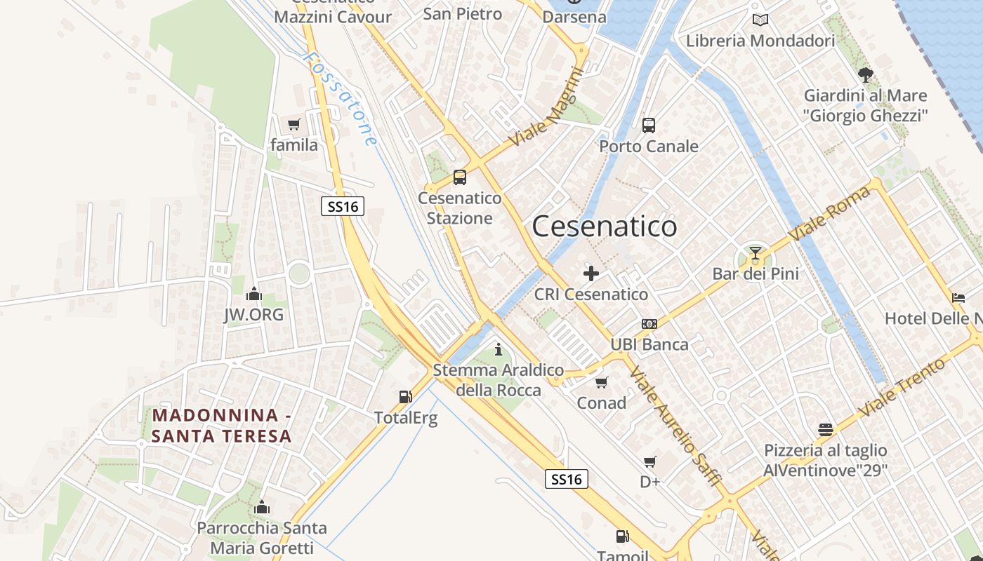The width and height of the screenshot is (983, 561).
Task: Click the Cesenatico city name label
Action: tap(605, 227)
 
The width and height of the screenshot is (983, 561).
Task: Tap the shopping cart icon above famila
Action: tap(294, 125)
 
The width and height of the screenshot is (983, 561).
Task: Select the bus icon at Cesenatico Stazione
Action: tap(460, 177)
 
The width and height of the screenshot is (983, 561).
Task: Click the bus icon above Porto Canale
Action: tap(649, 126)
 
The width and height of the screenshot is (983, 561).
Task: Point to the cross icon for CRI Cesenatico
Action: tap(591, 273)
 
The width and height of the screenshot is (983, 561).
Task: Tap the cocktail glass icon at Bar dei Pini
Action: tap(756, 252)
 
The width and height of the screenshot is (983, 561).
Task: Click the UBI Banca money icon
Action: tap(649, 324)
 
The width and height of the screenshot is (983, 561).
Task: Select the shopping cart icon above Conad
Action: tap(601, 382)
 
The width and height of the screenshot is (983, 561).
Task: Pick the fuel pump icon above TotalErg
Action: tap(405, 397)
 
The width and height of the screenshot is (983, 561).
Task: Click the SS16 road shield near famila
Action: tap(343, 206)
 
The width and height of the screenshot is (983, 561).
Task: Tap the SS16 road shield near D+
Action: tap(566, 479)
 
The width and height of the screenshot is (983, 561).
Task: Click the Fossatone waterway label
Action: tap(342, 97)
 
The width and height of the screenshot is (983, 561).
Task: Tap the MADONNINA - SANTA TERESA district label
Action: tap(222, 426)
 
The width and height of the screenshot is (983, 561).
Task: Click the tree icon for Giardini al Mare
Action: tap(865, 74)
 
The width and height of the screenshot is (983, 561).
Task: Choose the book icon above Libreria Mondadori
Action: tap(760, 20)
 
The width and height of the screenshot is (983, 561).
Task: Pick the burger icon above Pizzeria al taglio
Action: tap(826, 429)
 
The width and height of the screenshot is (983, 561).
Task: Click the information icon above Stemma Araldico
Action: tap(499, 349)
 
